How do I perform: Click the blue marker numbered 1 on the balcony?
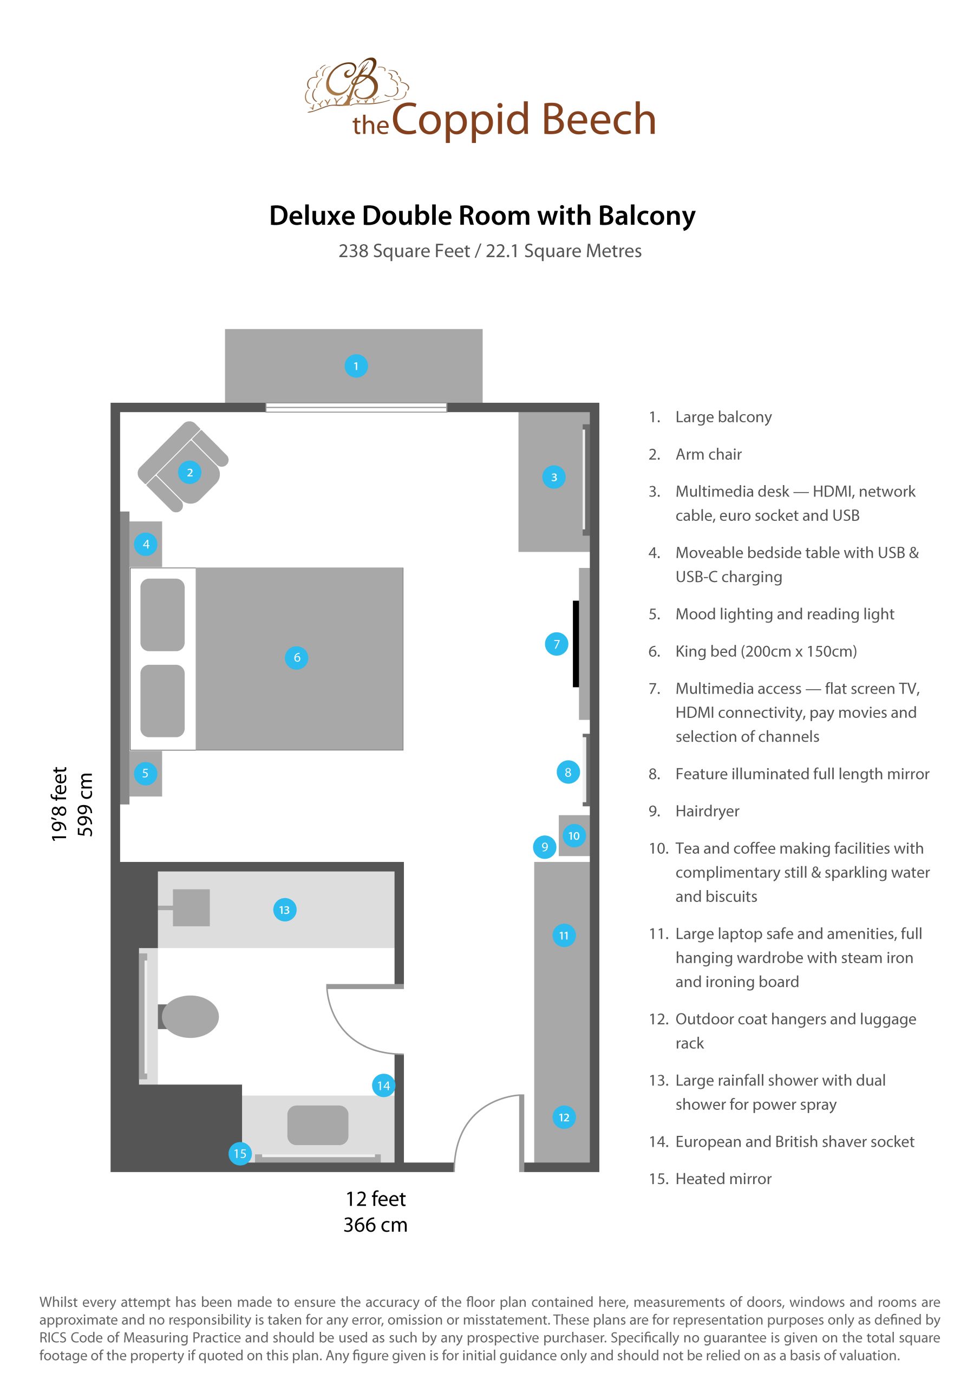tap(356, 366)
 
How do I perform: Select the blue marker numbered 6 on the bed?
tap(297, 657)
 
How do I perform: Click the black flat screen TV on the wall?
tap(576, 644)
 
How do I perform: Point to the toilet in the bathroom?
tap(190, 1017)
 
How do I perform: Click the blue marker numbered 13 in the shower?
tap(284, 910)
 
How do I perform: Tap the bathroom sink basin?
tap(318, 1125)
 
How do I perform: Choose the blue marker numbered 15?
tap(240, 1154)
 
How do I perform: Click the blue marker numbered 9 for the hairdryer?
tap(545, 847)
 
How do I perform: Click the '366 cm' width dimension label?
tap(375, 1225)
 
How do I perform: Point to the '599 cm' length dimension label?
tap(85, 805)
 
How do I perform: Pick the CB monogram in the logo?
tap(352, 82)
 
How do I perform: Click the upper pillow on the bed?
tap(162, 614)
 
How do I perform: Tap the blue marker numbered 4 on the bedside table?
tap(146, 544)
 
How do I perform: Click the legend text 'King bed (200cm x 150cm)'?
tap(766, 651)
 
